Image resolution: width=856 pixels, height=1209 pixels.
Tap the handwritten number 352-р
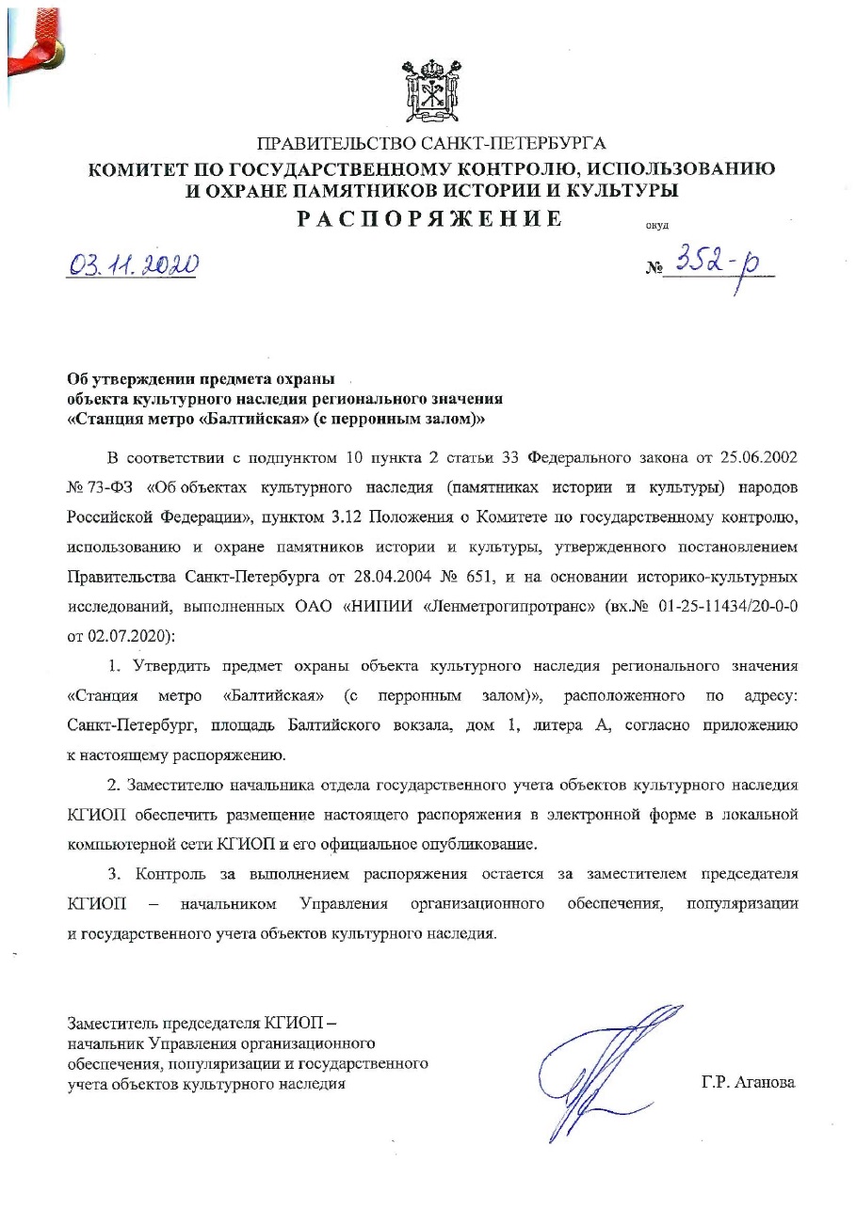pos(723,262)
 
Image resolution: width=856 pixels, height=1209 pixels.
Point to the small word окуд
pos(654,226)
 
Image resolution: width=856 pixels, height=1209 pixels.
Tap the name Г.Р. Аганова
pos(748,1083)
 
